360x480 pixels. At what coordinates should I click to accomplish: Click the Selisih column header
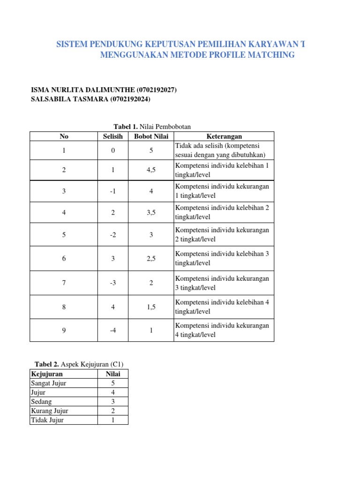pos(113,136)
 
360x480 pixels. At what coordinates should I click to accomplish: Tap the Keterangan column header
pos(224,136)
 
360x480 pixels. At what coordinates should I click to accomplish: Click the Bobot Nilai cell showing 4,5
pos(151,170)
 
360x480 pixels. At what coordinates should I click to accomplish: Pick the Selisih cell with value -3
pos(113,283)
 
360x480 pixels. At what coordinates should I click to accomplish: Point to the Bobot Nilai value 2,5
pos(151,258)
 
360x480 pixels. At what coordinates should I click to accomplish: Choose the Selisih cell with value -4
pos(113,330)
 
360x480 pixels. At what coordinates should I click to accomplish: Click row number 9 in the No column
pos(64,330)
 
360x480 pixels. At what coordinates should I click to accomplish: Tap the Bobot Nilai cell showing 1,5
pos(151,307)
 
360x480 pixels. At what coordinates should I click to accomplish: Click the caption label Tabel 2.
pos(46,364)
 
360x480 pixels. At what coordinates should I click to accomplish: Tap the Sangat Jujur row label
pos(49,383)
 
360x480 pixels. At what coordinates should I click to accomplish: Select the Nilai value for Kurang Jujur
pos(113,411)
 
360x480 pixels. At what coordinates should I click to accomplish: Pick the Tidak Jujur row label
pos(47,420)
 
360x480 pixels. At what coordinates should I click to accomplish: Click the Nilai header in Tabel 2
pos(113,374)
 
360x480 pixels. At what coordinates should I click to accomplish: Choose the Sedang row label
pos(41,402)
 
